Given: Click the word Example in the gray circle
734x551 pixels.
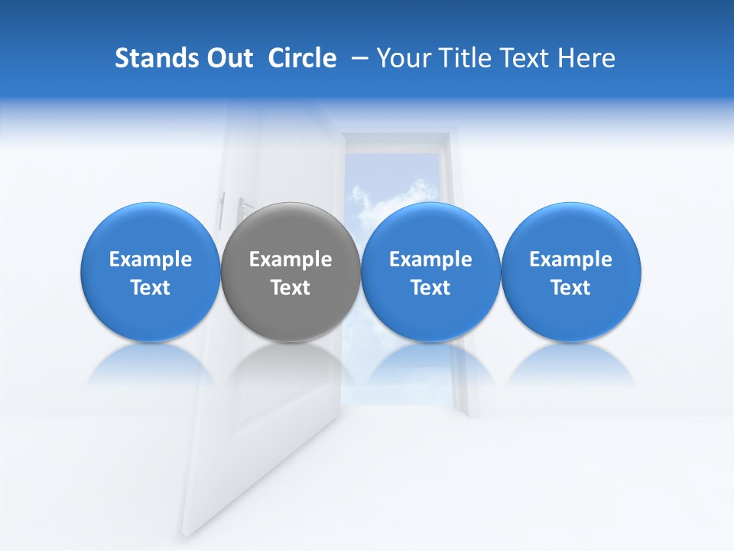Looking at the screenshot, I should [x=291, y=259].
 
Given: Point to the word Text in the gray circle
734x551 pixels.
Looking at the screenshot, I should [x=291, y=288].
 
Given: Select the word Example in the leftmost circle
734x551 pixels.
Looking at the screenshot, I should [x=151, y=259].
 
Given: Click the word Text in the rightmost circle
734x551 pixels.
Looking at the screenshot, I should [x=571, y=288].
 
